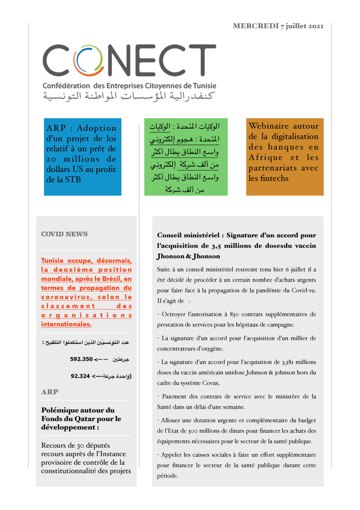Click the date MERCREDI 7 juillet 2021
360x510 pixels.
pos(278,26)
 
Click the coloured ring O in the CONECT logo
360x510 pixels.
pos(88,61)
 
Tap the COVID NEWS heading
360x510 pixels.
pos(64,234)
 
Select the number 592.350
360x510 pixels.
pos(81,359)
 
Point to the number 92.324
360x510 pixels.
pos(80,376)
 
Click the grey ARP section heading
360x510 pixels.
pos(50,392)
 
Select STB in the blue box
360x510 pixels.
pos(73,179)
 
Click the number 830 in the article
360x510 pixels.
pos(234,314)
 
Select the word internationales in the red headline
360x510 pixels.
pos(66,324)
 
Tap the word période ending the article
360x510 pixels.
pos(167,476)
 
